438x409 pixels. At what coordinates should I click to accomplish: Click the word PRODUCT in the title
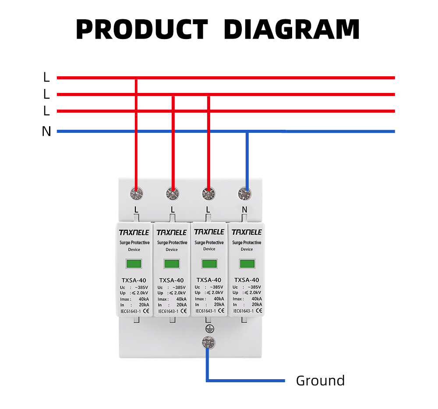click(x=141, y=30)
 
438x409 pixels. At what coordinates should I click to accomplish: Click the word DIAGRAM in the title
click(x=292, y=30)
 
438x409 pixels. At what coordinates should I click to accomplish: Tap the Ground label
click(x=320, y=381)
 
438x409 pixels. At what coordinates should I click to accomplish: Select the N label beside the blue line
click(x=46, y=132)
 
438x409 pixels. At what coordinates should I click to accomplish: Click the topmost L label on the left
click(x=46, y=78)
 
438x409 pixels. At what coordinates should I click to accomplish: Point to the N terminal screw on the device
click(x=244, y=193)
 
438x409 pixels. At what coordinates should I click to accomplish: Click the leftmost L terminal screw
click(x=137, y=193)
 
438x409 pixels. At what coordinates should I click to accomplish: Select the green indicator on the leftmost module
click(x=134, y=264)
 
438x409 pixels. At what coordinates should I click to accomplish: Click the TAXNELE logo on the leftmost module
click(x=134, y=232)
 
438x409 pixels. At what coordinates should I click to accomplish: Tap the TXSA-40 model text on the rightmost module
click(x=247, y=280)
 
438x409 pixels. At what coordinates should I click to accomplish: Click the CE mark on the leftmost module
click(x=146, y=311)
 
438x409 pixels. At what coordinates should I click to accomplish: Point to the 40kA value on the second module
click(x=181, y=299)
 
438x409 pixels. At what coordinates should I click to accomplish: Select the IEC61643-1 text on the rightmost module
click(x=243, y=311)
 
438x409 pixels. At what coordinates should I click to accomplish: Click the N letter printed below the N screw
click(x=244, y=210)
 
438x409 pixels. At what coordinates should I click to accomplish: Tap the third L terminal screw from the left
click(x=208, y=193)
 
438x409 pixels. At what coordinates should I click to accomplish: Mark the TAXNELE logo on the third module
click(x=209, y=231)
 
